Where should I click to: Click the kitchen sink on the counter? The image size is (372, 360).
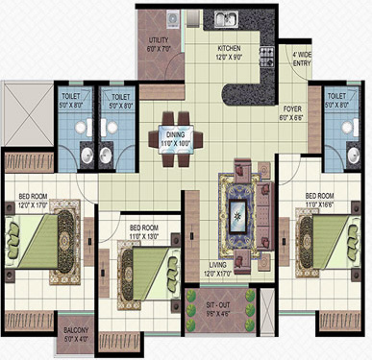click(229, 17)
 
